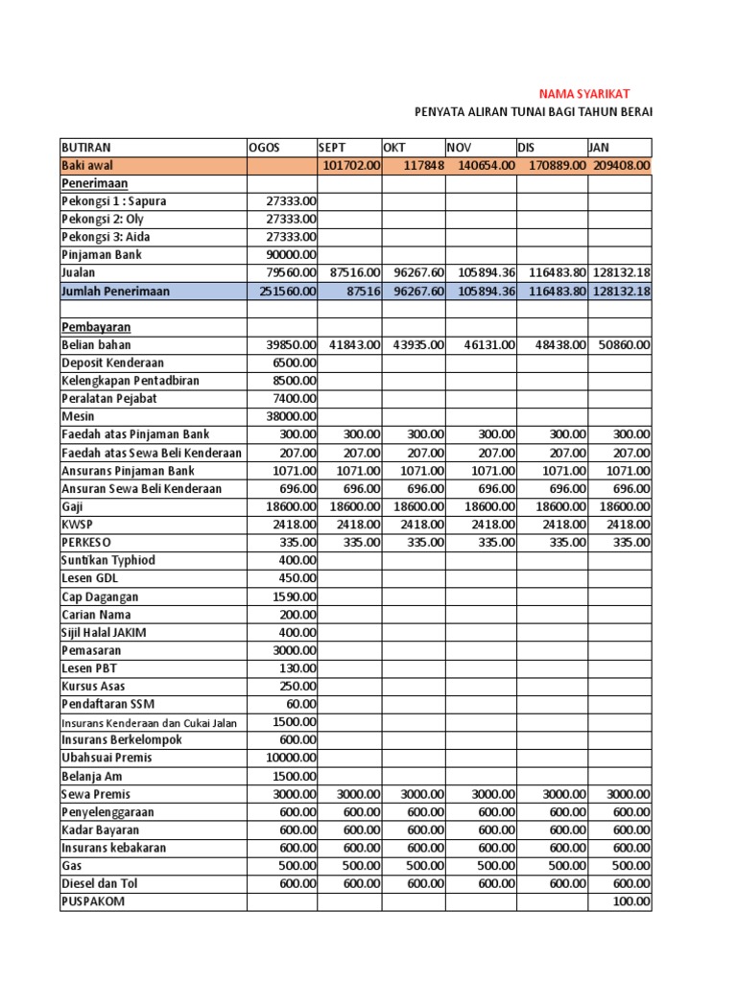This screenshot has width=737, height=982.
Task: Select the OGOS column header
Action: [x=264, y=148]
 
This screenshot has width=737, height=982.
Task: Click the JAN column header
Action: [x=600, y=148]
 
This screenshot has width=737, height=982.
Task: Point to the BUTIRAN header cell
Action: [x=86, y=148]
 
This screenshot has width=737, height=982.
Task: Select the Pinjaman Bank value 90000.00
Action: [x=291, y=255]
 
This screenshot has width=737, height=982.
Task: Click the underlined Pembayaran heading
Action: [x=95, y=327]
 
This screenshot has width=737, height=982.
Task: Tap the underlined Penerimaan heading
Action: [x=95, y=183]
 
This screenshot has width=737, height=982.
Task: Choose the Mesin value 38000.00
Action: [x=291, y=417]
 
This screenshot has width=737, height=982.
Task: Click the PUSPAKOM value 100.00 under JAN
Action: [x=632, y=902]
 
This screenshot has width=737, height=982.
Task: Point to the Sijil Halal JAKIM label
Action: [x=104, y=633]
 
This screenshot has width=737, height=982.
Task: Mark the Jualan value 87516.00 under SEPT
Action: [x=354, y=273]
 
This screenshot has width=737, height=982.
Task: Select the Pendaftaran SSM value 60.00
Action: [x=300, y=705]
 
